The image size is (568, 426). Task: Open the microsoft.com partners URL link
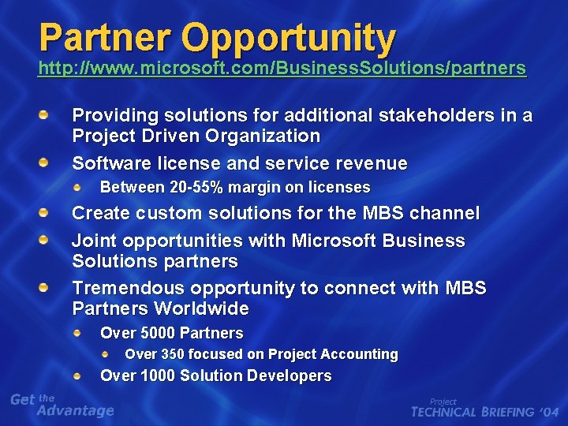(282, 69)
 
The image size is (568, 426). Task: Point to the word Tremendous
(121, 289)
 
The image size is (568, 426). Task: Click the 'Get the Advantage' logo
(62, 405)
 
